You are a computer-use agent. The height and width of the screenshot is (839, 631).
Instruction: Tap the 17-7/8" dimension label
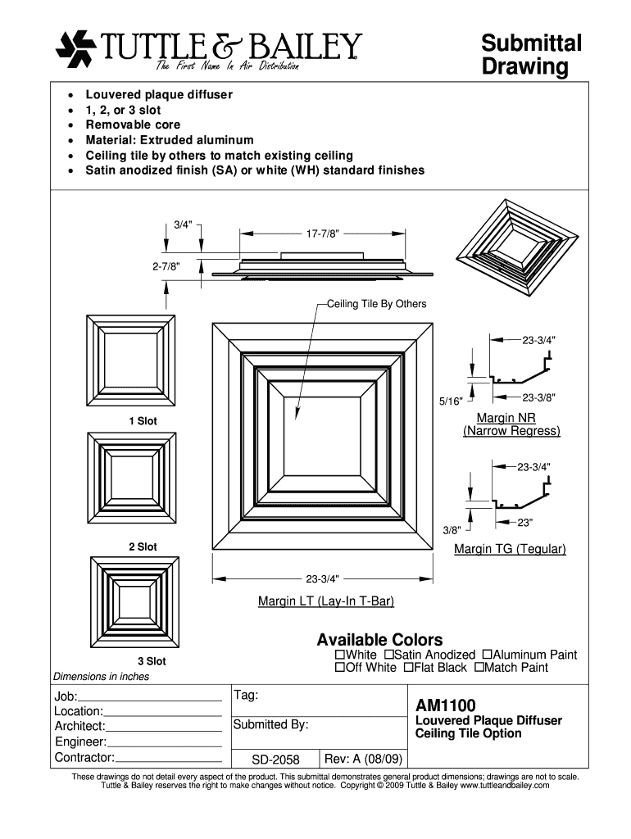point(323,234)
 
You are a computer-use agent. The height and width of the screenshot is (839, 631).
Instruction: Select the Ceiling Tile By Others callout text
point(376,304)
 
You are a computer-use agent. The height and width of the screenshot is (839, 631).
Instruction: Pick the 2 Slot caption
point(142,546)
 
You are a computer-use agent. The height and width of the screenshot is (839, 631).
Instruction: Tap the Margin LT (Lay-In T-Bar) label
point(326,602)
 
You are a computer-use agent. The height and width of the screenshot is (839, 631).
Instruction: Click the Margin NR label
point(511,418)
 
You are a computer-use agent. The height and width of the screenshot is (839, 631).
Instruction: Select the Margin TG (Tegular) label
point(510,549)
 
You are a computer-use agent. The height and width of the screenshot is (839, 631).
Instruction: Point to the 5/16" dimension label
point(450,401)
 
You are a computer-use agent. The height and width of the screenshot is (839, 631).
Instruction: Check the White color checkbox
point(340,655)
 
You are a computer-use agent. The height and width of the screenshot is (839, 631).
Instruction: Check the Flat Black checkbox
point(408,668)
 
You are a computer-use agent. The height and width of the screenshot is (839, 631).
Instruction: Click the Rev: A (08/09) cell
point(363,760)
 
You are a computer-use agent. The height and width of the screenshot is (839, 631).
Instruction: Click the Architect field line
point(164,728)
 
